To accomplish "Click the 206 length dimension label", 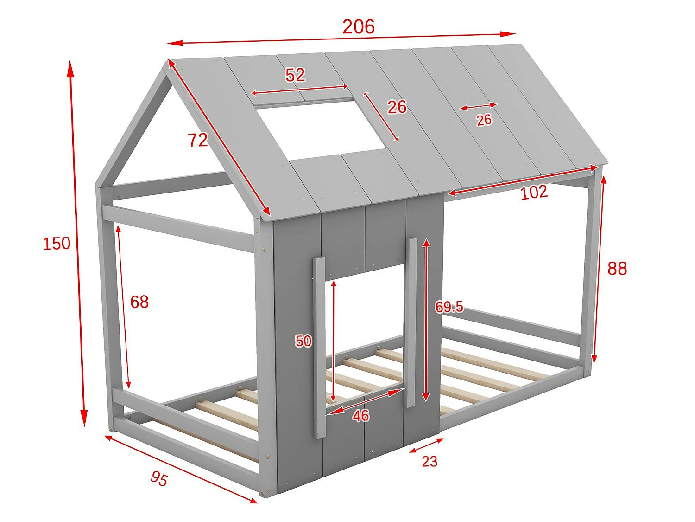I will tap(358, 27).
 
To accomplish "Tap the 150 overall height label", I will tap(57, 243).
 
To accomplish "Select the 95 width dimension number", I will tap(159, 478).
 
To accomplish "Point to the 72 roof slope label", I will tap(198, 140).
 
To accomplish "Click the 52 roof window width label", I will tap(295, 75).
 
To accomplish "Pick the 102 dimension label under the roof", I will tap(534, 192).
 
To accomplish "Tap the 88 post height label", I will tap(617, 268).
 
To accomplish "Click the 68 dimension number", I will tap(139, 302).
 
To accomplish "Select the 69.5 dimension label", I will tap(449, 307).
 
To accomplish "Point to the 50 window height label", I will tap(303, 341).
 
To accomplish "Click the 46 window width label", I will tap(360, 415).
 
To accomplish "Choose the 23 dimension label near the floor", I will tap(430, 461).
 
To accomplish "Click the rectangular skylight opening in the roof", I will tap(320, 130).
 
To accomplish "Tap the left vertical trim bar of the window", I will tap(319, 348).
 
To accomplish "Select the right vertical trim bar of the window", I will tap(411, 322).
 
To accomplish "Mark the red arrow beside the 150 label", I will tap(77, 243).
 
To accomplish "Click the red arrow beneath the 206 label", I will tap(341, 39).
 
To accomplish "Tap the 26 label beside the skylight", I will tap(397, 107).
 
